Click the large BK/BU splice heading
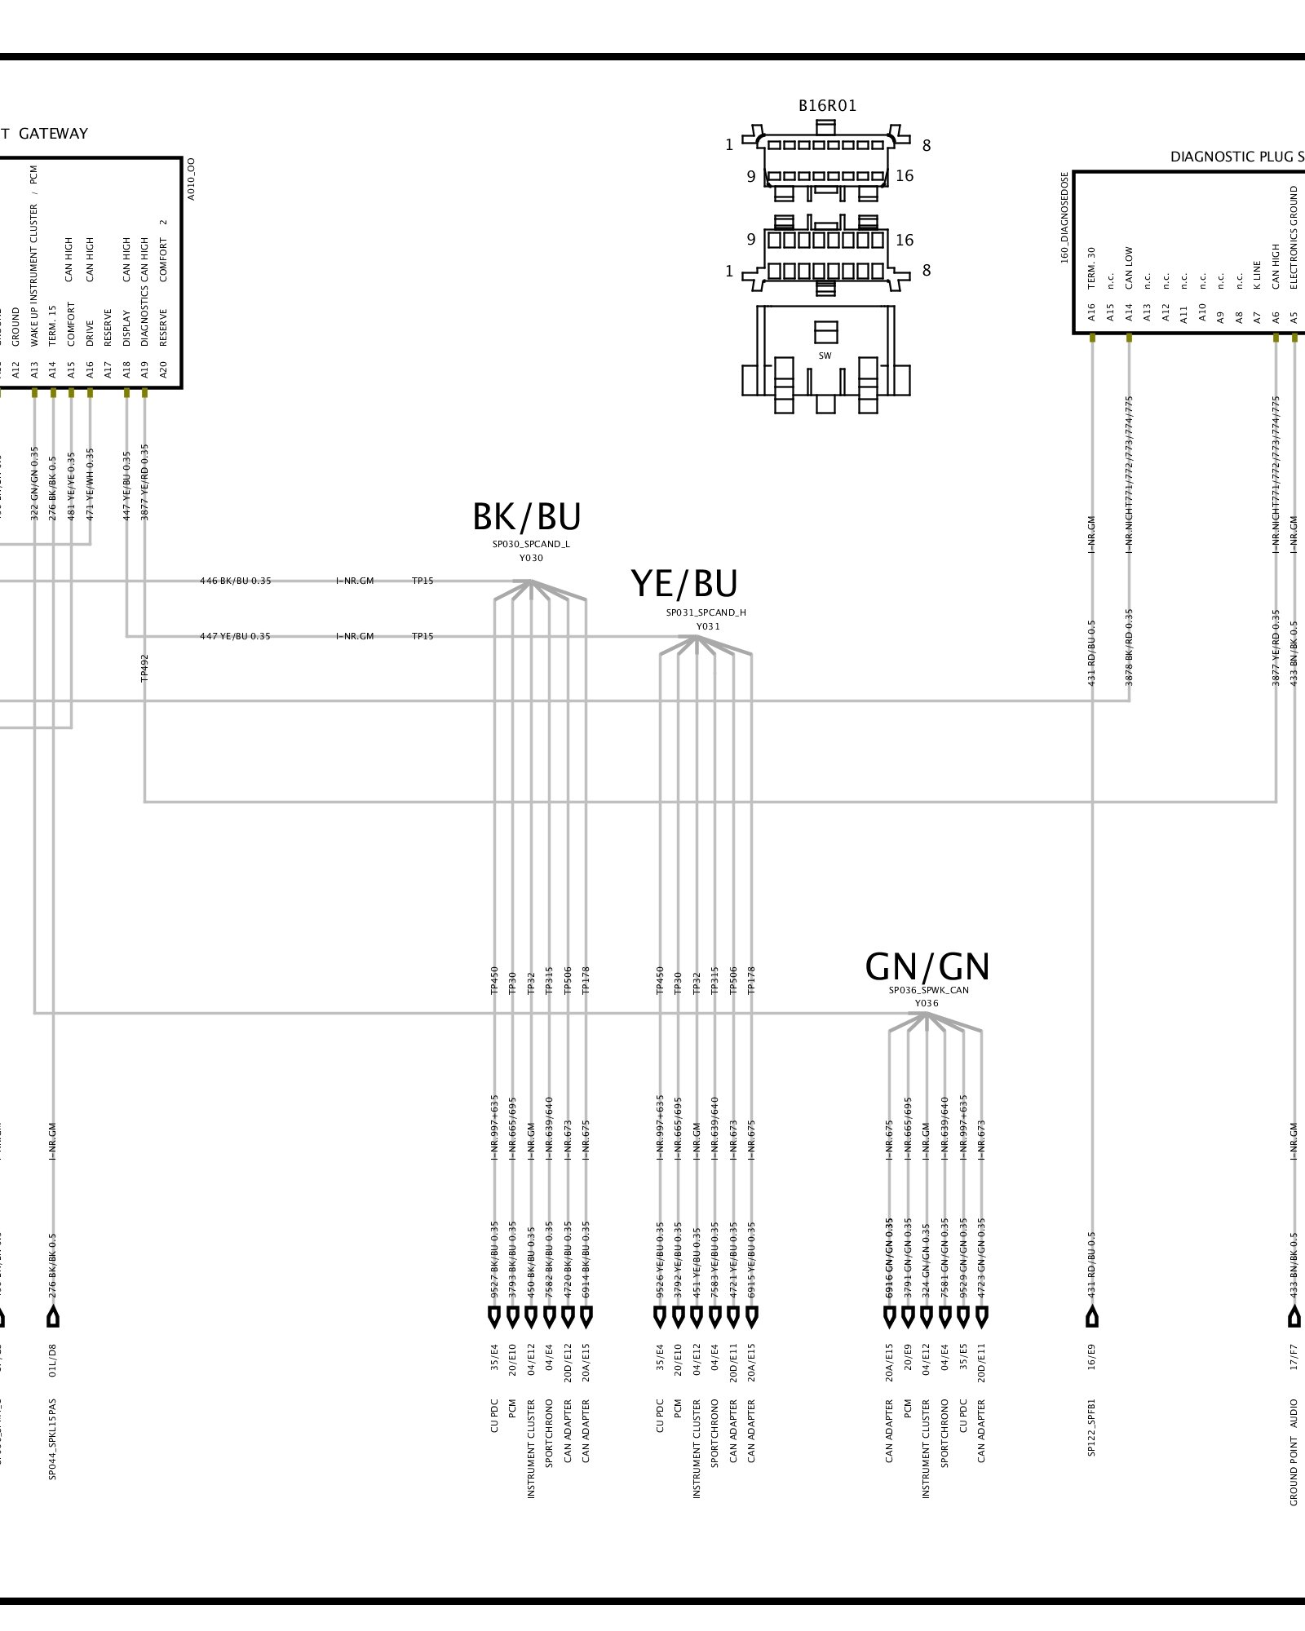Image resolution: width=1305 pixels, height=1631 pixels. pos(527,517)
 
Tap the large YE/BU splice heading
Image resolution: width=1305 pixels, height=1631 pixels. pos(684,584)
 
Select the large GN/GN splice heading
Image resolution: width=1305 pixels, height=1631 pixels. pos(927,967)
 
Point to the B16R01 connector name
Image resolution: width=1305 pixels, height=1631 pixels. pos(827,106)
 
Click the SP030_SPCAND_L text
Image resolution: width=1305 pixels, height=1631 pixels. pos(531,544)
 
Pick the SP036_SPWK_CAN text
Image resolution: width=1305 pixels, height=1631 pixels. pos(929,990)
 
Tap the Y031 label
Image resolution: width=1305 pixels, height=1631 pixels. pos(708,626)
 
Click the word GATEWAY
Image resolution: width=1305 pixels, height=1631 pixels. pos(53,134)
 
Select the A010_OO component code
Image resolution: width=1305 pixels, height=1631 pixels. pos(191,179)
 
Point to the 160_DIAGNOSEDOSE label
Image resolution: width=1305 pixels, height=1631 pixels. pos(1065,218)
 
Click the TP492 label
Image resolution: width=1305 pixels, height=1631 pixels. pos(145,667)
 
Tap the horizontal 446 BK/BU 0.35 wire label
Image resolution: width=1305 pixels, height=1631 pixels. pos(236,581)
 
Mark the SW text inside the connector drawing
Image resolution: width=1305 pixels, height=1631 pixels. pos(825,356)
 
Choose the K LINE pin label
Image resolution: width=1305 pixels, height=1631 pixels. pos(1257,275)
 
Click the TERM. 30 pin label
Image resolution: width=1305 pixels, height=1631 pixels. pos(1092,267)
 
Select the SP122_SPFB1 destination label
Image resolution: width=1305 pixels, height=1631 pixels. pos(1092,1428)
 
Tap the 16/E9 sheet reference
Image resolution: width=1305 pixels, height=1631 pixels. pos(1092,1355)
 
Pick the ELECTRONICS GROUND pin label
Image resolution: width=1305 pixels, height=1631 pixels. pos(1294,237)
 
